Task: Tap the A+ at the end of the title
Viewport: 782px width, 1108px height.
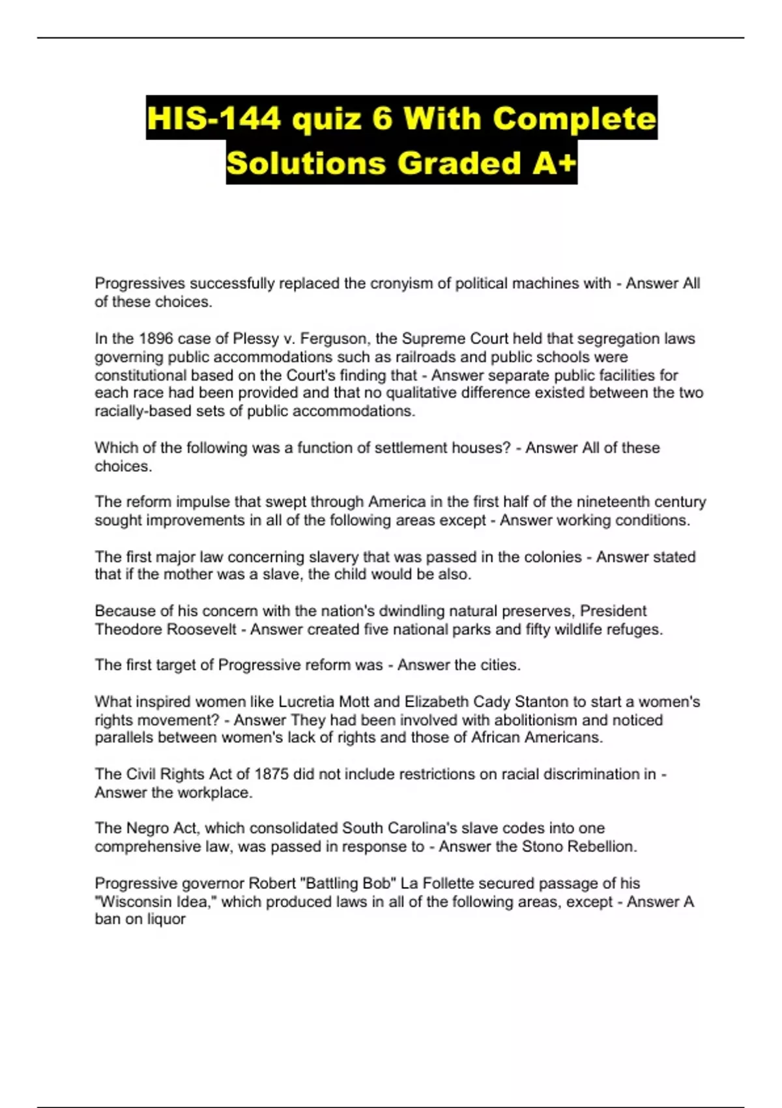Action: click(x=555, y=163)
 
